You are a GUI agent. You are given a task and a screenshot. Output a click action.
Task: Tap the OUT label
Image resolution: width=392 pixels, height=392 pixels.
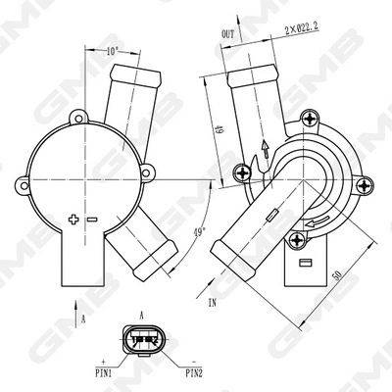point(228,32)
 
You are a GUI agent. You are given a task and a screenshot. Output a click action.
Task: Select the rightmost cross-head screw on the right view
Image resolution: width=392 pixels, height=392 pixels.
point(365,184)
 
